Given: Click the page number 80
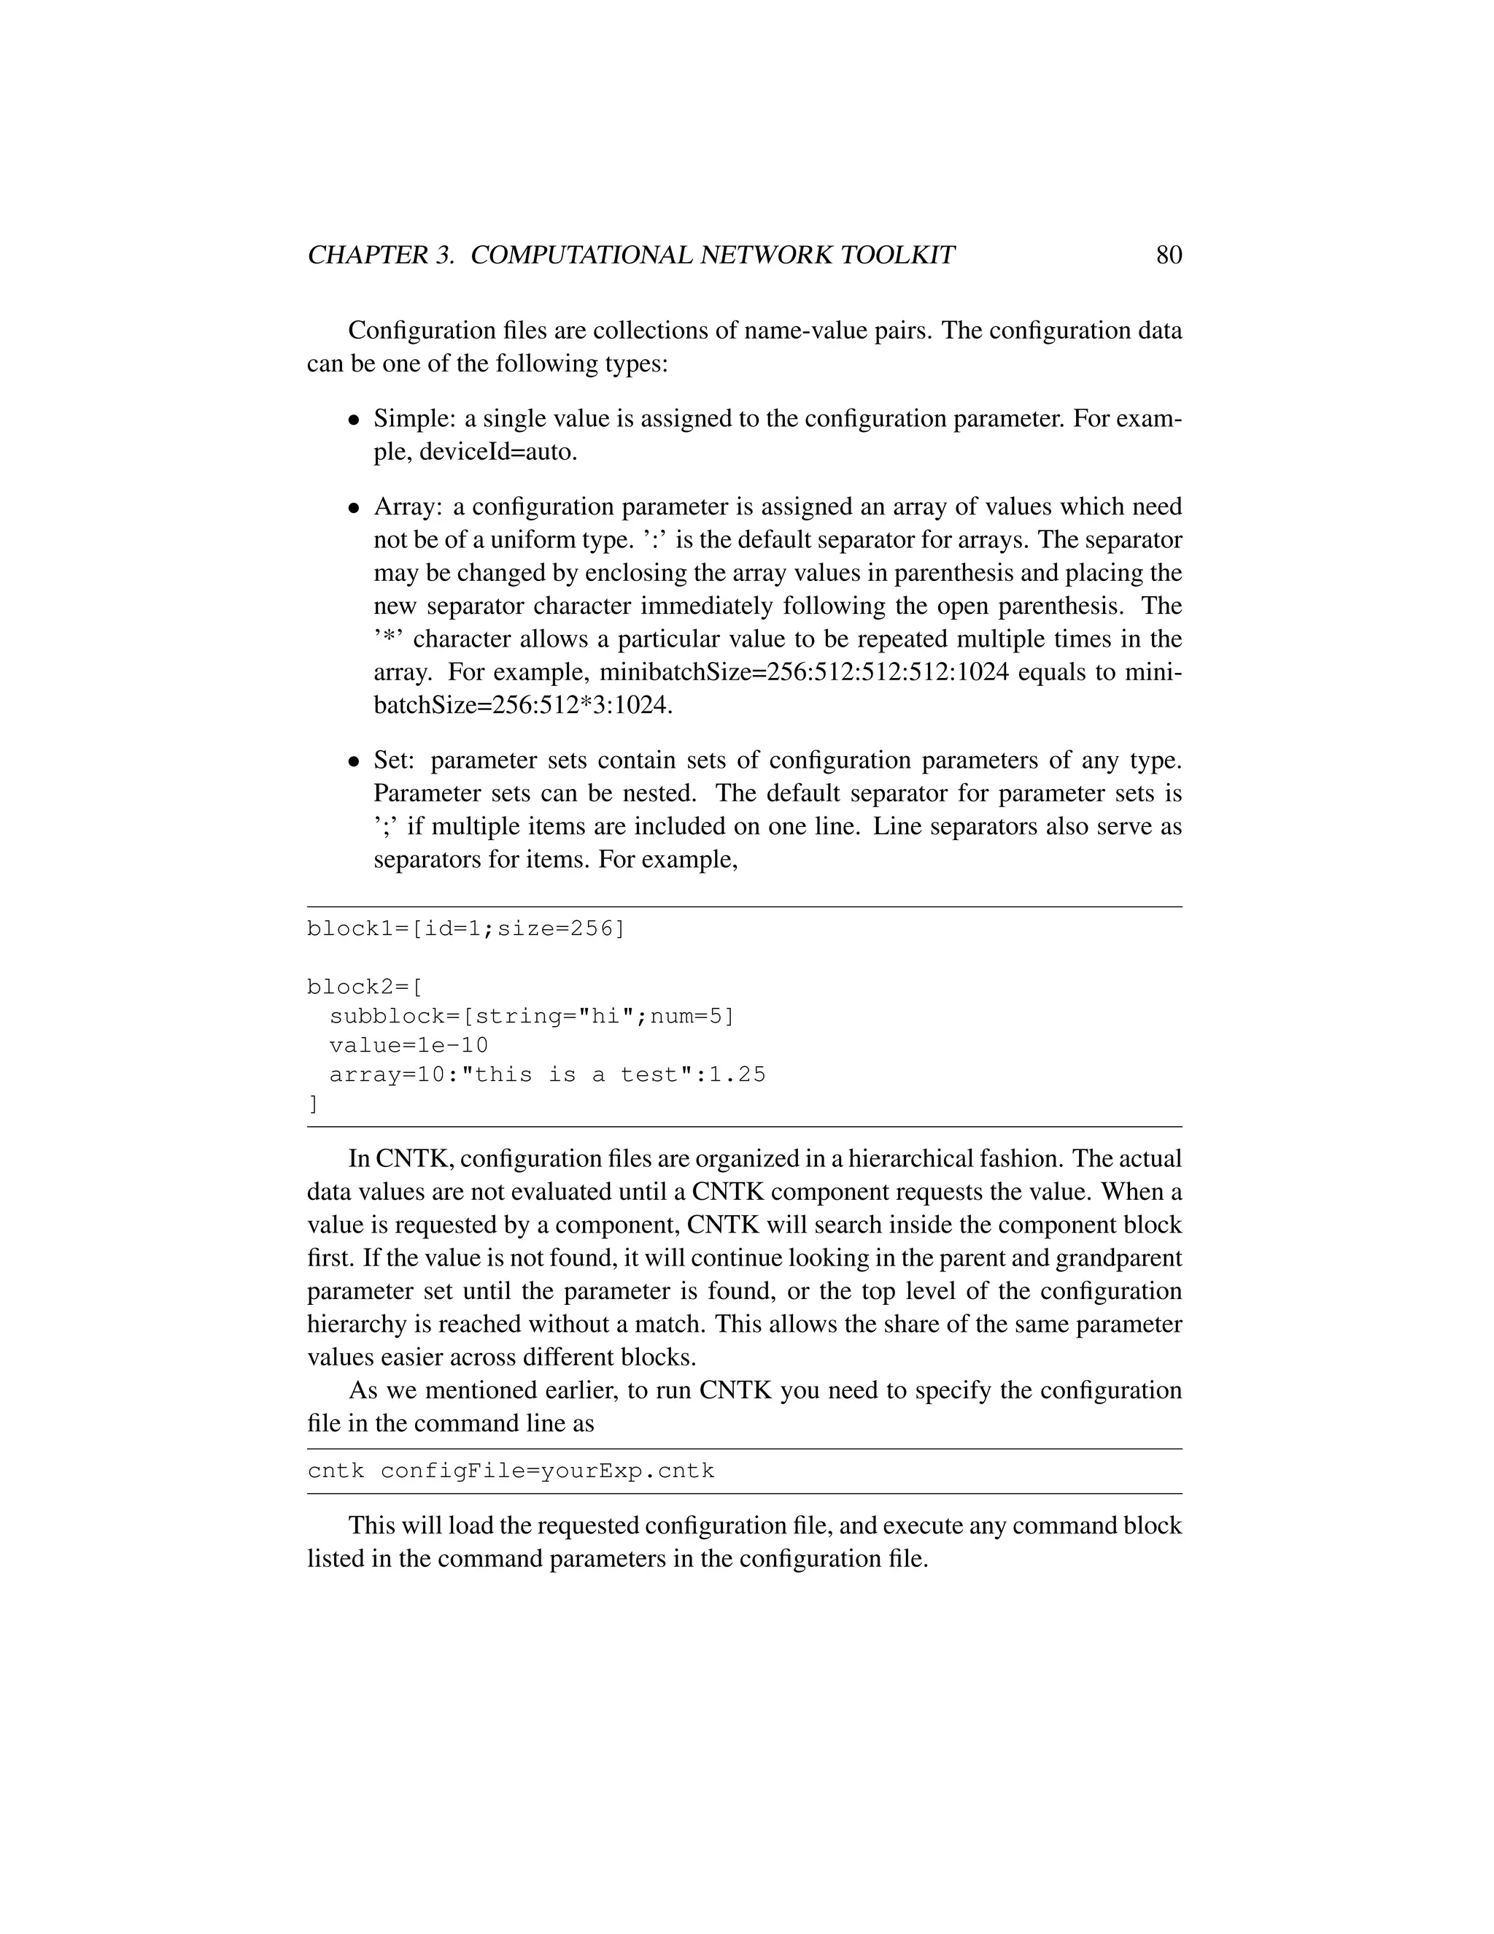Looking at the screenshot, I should pyautogui.click(x=1169, y=255).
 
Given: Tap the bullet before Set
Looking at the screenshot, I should pyautogui.click(x=353, y=761).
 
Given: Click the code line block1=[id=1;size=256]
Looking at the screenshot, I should pyautogui.click(x=465, y=929).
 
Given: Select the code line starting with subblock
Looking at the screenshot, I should pyautogui.click(x=531, y=1017).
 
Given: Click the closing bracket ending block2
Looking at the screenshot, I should pyautogui.click(x=312, y=1104).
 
